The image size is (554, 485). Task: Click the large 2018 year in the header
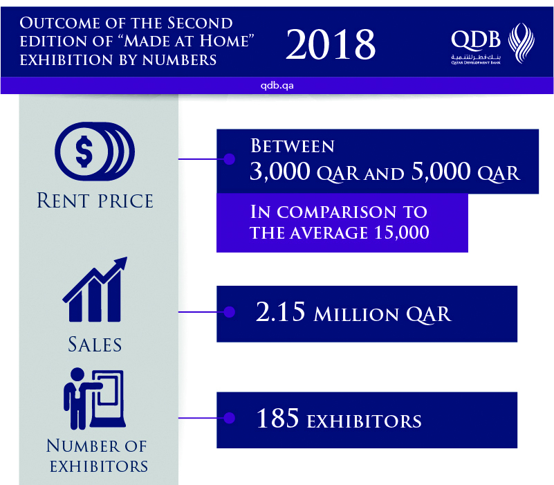[331, 44]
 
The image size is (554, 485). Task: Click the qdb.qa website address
[277, 86]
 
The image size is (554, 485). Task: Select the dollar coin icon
[95, 152]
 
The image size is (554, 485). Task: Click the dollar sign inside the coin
[84, 152]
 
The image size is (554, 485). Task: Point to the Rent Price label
[95, 201]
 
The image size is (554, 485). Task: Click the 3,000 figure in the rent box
[280, 172]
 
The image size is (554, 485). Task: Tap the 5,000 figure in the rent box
[441, 172]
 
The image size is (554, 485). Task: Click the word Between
[293, 146]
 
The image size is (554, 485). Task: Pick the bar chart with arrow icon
[95, 289]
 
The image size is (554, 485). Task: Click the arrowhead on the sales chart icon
[121, 263]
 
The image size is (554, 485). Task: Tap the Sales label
[95, 345]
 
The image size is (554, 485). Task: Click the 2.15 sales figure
[280, 312]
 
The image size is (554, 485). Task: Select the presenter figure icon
[94, 399]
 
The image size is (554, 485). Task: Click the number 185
[278, 418]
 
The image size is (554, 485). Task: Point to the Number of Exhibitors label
[97, 456]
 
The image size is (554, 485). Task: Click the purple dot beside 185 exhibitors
[230, 418]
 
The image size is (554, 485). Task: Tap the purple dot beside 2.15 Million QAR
[230, 312]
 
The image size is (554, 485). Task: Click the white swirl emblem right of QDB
[521, 43]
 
